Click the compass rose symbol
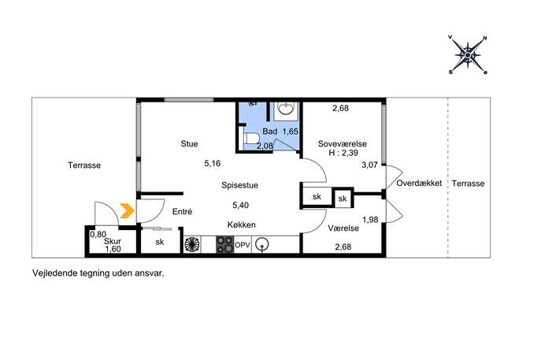468,55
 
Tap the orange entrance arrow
127,211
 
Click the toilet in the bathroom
251,139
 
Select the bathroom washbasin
286,109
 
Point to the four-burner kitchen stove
225,244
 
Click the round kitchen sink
262,245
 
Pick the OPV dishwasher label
243,245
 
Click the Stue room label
189,143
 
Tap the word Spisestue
240,185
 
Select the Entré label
182,212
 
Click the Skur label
113,241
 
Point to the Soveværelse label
343,144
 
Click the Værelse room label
343,228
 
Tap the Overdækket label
419,184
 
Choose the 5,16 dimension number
212,163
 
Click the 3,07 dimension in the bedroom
369,165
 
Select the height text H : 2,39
343,153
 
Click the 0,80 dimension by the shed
98,235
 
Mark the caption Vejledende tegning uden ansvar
98,273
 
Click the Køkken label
242,225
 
